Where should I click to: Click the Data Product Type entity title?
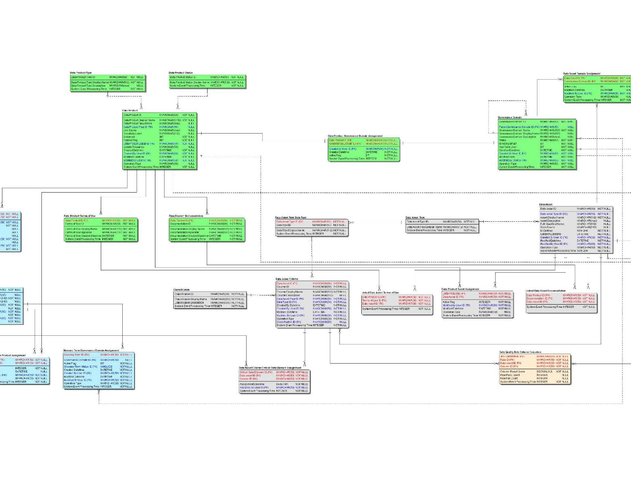point(81,73)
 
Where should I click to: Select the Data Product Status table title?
point(180,73)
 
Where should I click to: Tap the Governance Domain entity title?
point(510,118)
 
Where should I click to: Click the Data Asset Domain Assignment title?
point(582,74)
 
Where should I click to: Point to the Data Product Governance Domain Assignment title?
point(355,136)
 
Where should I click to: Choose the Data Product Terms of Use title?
point(80,216)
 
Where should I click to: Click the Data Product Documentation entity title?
point(186,216)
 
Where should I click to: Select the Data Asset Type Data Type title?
point(291,218)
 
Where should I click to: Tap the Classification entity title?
point(182,290)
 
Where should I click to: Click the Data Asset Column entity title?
point(287,279)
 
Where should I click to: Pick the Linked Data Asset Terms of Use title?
point(380,293)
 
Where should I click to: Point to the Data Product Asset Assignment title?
point(460,289)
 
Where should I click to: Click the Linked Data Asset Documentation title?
point(545,291)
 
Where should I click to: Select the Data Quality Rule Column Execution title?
point(520,352)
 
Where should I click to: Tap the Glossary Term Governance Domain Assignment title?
point(91,350)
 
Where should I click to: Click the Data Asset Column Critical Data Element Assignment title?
point(270,368)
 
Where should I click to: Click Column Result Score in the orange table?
point(512,372)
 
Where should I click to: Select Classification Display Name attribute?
point(190,299)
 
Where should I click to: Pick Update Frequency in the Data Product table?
point(134,147)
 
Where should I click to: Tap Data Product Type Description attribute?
point(88,86)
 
